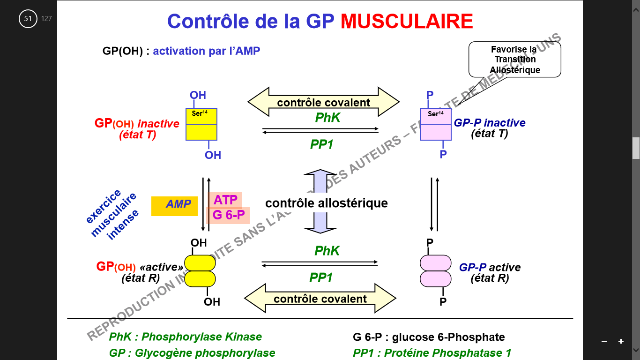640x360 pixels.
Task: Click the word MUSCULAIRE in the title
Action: pos(406,22)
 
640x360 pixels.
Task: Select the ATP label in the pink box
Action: pos(225,200)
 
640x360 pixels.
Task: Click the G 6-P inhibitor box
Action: pos(228,216)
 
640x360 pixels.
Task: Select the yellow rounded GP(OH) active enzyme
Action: pos(200,271)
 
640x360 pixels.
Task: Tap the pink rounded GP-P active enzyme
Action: pos(435,271)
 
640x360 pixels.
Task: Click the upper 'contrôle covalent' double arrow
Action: pos(323,102)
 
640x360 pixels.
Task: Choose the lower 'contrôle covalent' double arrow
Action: pos(320,299)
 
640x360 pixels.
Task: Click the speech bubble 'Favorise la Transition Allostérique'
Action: pos(514,59)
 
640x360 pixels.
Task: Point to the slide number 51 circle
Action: pos(28,19)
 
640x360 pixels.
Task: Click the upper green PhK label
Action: pos(327,118)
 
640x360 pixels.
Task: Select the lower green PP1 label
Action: pos(321,278)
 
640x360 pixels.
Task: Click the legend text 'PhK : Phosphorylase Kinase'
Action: pos(185,337)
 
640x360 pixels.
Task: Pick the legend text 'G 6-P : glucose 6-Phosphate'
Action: pos(429,337)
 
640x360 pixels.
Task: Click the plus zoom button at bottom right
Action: pos(621,341)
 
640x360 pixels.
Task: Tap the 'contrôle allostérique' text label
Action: pos(326,203)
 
